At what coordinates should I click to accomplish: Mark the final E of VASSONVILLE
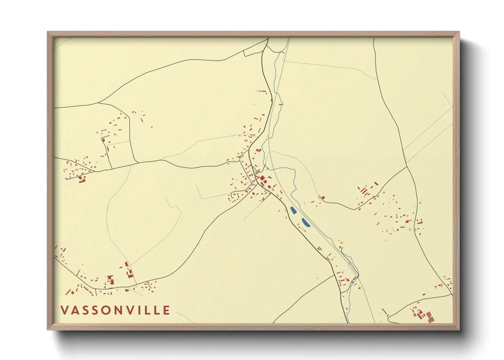click(167, 310)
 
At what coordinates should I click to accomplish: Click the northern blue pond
click(293, 210)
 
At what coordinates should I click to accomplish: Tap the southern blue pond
click(305, 223)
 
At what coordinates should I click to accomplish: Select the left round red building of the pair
click(257, 150)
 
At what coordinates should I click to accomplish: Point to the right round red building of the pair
click(261, 149)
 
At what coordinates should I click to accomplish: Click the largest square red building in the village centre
click(262, 178)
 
